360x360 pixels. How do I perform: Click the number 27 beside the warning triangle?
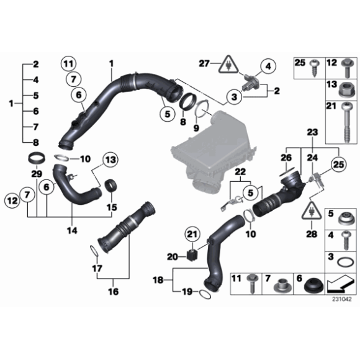[x=204, y=63]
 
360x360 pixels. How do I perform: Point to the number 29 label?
[x=37, y=170]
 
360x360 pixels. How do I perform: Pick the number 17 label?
[x=97, y=268]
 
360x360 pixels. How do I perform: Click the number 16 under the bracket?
[x=114, y=290]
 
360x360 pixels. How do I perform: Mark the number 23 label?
[x=312, y=132]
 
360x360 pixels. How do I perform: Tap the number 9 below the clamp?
[x=197, y=128]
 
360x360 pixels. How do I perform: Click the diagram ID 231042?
[x=341, y=299]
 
